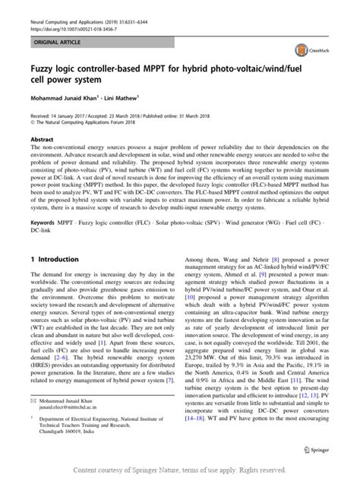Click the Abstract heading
[x=42, y=140]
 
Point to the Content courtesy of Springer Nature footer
[x=180, y=470]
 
